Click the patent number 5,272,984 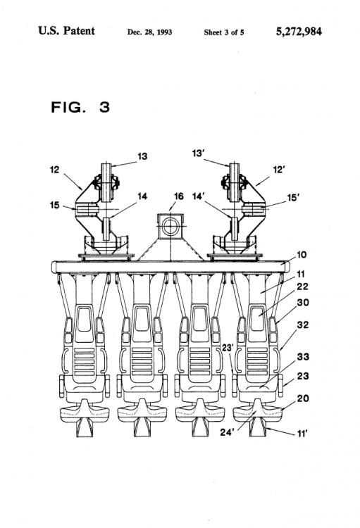299,32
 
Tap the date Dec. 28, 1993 149,32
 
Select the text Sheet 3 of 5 224,32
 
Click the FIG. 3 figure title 80,107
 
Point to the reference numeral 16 178,196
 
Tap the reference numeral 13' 198,153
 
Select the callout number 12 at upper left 54,170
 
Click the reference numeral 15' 293,198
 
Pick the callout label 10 302,255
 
